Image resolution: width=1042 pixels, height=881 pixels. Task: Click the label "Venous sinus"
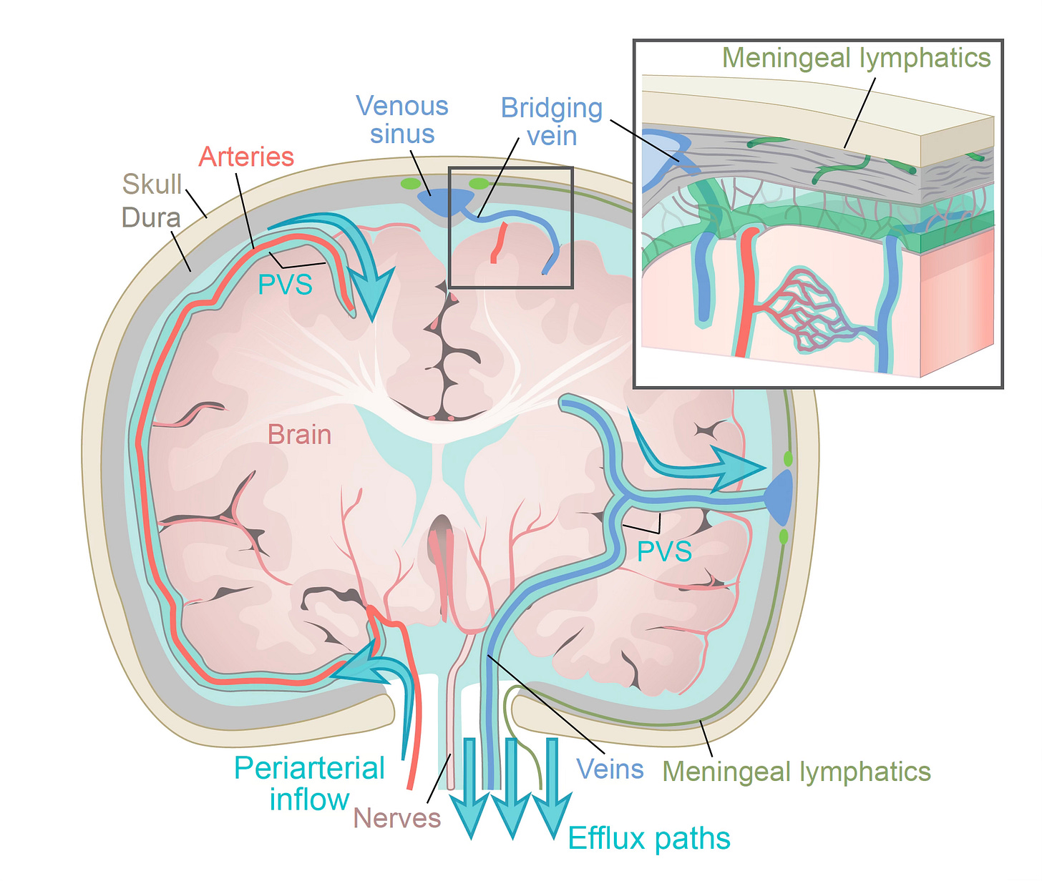tap(402, 120)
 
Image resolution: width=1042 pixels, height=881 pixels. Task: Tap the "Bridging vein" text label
tap(552, 122)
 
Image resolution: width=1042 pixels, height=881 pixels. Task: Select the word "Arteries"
tap(246, 157)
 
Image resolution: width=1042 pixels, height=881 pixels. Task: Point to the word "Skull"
tap(152, 184)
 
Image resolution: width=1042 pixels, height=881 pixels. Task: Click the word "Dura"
tap(151, 217)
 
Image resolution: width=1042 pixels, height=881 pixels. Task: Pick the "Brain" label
tap(299, 435)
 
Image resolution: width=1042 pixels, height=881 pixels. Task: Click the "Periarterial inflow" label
tap(309, 784)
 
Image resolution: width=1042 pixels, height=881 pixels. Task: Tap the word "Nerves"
tap(396, 817)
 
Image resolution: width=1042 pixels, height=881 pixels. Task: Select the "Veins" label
tap(610, 769)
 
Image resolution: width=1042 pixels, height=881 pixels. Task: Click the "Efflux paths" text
tap(649, 838)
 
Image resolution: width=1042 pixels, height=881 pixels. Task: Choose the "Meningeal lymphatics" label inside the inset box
tap(857, 58)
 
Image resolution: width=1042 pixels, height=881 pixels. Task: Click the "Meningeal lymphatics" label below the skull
tap(797, 772)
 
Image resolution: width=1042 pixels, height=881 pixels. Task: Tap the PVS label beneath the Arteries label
tap(285, 285)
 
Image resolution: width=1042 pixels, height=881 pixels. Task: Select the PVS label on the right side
tap(664, 551)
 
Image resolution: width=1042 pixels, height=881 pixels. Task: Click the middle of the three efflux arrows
tap(511, 787)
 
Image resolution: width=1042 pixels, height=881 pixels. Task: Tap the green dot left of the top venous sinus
tap(410, 184)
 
